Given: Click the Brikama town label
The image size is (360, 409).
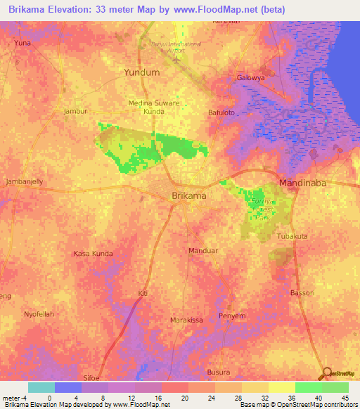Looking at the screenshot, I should (189, 196).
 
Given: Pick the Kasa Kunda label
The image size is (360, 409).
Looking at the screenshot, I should (93, 253).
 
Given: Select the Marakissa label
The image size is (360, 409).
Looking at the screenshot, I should (186, 320).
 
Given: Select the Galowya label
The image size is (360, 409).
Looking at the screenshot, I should (252, 78).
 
